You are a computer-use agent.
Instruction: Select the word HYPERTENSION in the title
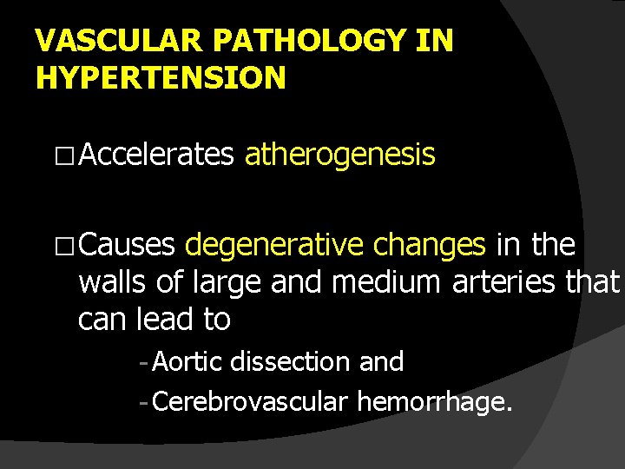161,77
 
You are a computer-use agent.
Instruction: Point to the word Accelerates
160,155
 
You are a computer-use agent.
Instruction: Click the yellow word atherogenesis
339,155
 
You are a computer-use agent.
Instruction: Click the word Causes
128,246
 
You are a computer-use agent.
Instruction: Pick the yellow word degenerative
275,246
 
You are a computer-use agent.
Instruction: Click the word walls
114,282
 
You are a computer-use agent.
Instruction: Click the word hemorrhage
435,403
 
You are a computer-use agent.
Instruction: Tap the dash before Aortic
142,362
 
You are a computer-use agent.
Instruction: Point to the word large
233,282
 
